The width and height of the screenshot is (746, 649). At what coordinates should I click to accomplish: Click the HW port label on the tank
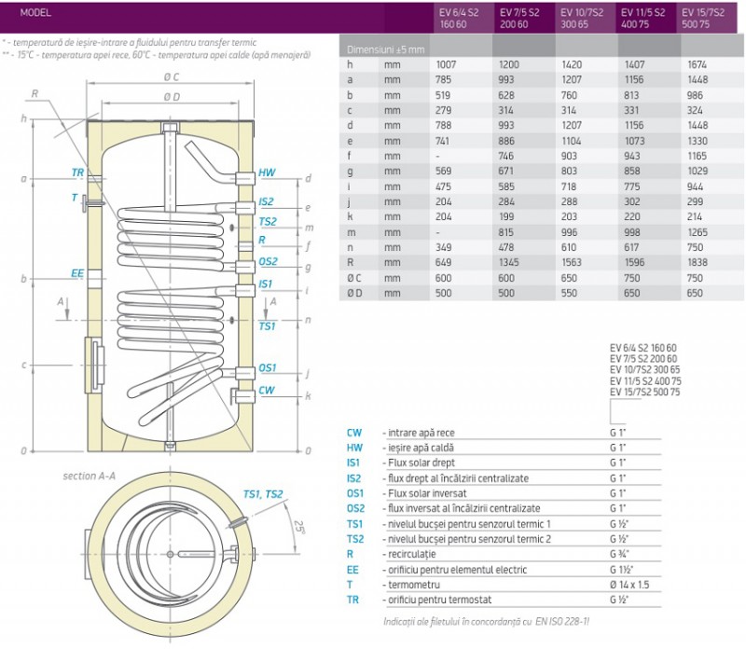click(268, 173)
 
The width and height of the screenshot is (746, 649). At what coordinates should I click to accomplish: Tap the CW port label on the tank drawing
click(267, 390)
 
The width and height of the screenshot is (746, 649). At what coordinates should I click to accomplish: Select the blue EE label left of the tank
click(77, 273)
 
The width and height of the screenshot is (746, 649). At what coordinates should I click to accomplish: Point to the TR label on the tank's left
click(77, 173)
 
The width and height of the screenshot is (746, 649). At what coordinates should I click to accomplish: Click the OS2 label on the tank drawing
click(268, 262)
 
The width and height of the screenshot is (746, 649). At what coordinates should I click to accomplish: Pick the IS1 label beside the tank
click(266, 283)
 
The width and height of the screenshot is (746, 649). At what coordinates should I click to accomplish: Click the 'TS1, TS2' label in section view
click(263, 494)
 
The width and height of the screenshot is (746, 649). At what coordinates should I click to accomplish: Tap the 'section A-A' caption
click(89, 476)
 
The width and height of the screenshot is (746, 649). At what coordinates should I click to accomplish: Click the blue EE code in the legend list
click(352, 569)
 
